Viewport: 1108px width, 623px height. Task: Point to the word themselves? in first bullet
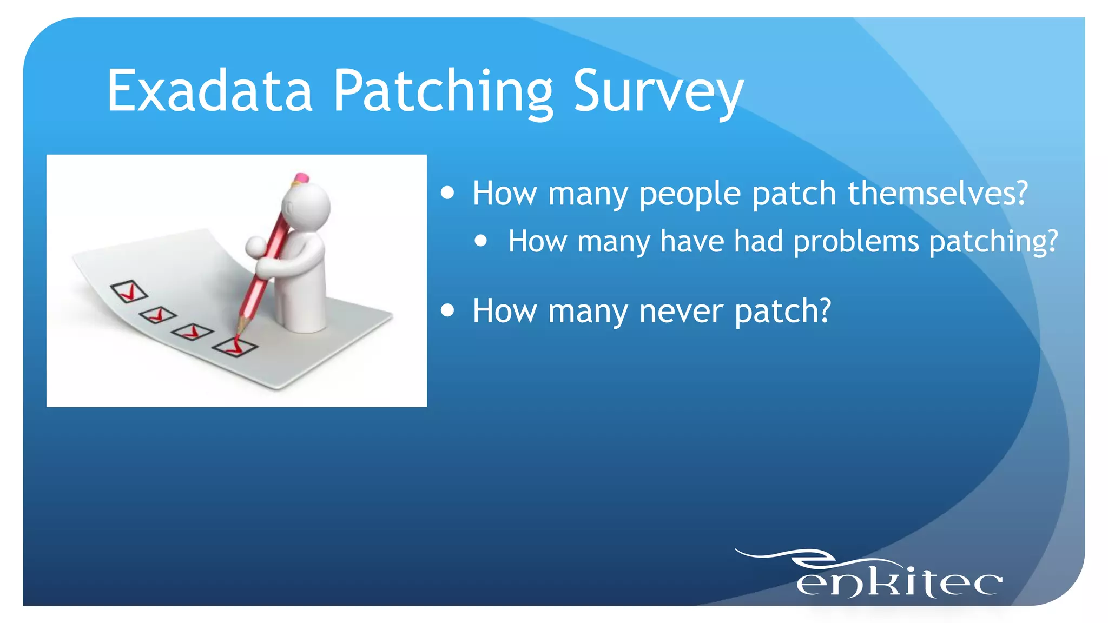[937, 193]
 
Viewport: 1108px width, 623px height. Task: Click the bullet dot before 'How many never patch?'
[447, 310]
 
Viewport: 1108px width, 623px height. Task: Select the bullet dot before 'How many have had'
[480, 241]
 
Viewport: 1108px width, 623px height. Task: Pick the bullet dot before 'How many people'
[447, 193]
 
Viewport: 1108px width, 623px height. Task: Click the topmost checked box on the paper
[129, 291]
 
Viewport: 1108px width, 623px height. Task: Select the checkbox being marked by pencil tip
[234, 346]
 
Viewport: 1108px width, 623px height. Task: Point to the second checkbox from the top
[157, 314]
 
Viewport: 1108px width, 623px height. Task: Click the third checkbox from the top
[192, 332]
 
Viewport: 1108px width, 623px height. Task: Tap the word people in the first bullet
[690, 193]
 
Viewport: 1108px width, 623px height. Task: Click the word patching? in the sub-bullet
[993, 241]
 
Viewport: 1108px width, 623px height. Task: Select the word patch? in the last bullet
[782, 311]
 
